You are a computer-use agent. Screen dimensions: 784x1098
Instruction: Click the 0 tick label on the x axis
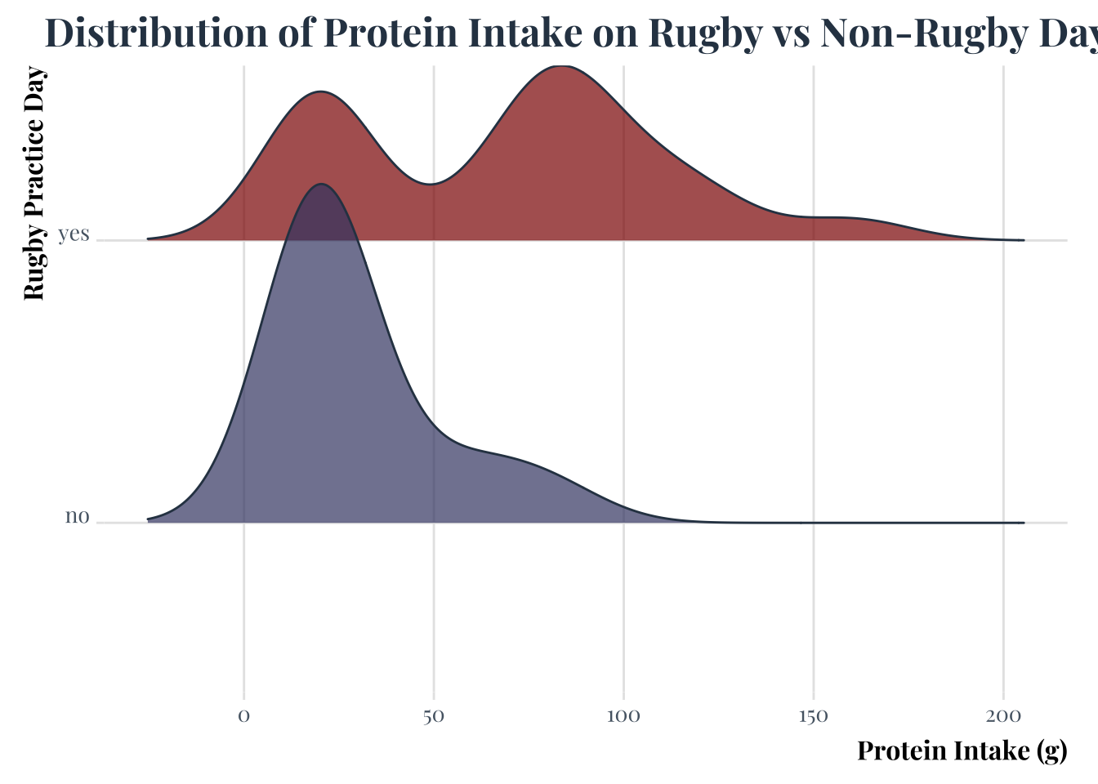click(x=243, y=717)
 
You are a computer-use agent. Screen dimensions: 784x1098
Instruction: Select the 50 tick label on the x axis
click(x=433, y=717)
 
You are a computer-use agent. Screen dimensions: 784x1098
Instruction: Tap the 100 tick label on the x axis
click(x=623, y=717)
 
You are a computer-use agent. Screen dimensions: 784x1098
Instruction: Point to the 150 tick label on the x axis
click(x=813, y=717)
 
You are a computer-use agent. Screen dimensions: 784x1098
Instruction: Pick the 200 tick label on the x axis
click(x=1003, y=717)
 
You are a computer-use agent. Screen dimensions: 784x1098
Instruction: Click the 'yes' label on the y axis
click(x=74, y=234)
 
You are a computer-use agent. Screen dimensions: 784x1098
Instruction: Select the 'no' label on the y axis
click(x=77, y=517)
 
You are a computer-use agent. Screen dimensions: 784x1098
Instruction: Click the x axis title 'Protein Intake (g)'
click(x=962, y=751)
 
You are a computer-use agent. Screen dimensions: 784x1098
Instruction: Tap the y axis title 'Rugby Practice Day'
click(x=34, y=185)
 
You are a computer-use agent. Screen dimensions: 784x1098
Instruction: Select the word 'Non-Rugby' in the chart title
click(x=907, y=34)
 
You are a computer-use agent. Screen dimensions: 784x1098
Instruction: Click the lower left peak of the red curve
click(x=322, y=91)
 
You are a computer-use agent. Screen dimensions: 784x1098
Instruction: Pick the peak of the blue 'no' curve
click(x=322, y=184)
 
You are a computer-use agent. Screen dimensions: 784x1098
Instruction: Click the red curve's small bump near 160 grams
click(x=850, y=218)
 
